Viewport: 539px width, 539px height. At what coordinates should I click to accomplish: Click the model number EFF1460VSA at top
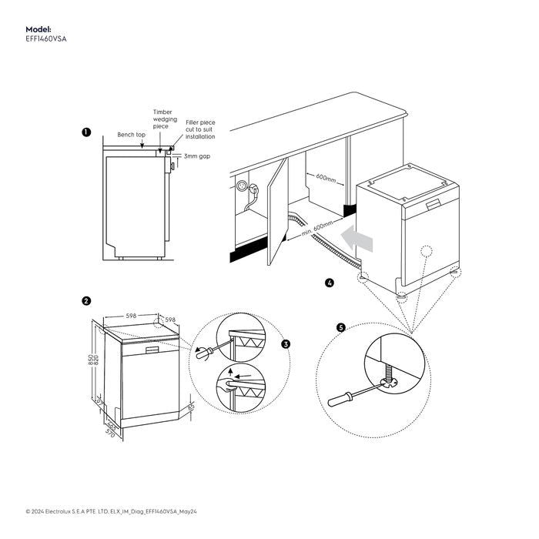point(45,38)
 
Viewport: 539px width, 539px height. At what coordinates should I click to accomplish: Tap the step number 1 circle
point(86,133)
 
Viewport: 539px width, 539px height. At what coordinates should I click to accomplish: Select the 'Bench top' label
point(131,135)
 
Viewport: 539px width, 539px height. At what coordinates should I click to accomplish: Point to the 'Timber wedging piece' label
point(165,119)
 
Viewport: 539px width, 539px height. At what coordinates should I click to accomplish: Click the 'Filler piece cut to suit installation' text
point(200,129)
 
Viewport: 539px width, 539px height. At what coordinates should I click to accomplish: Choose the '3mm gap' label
point(196,156)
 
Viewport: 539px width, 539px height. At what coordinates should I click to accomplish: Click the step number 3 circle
point(286,344)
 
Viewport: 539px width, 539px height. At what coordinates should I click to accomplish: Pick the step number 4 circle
point(330,283)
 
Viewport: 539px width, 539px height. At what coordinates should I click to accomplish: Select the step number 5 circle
point(341,326)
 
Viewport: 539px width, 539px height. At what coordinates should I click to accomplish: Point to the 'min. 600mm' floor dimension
point(316,226)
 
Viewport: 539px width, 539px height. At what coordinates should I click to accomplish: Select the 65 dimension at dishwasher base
point(190,406)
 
